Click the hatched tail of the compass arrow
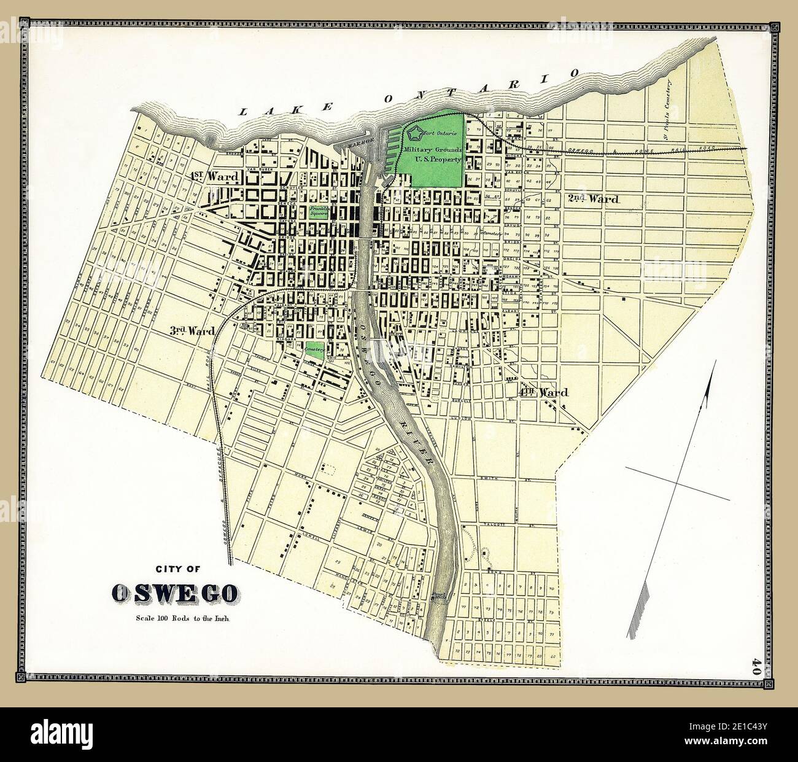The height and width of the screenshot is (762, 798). click(x=641, y=608)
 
